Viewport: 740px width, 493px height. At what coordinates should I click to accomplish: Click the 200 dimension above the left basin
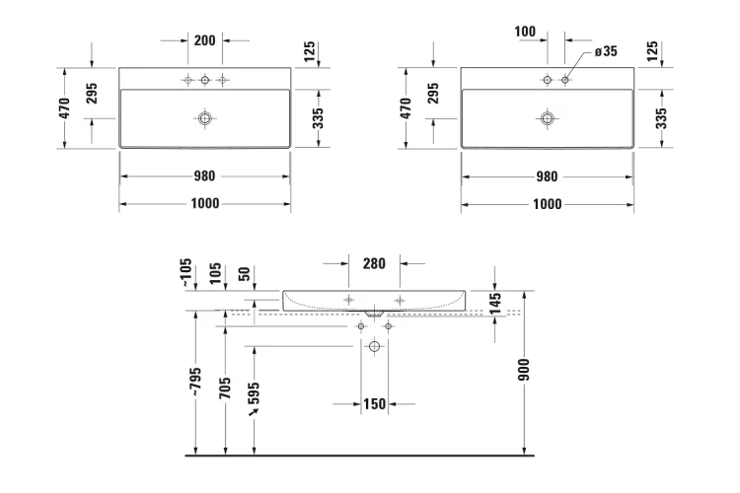(x=204, y=41)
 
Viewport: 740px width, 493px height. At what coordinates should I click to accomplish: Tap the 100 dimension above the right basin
(x=525, y=33)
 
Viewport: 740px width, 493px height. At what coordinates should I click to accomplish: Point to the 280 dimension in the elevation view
(x=373, y=263)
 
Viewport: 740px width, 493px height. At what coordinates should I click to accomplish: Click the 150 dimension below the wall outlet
(x=373, y=403)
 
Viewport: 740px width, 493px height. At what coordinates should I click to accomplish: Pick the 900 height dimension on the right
(x=524, y=370)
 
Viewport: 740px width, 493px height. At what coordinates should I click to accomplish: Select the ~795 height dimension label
(x=196, y=382)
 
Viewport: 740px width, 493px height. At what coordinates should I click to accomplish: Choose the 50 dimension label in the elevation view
(x=244, y=271)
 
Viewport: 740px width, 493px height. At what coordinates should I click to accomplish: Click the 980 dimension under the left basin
(x=204, y=177)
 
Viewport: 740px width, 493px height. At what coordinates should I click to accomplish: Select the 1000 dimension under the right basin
(x=546, y=204)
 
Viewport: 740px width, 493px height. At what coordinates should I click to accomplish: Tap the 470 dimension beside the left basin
(x=64, y=107)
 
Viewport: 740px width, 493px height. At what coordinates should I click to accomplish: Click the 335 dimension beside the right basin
(x=660, y=118)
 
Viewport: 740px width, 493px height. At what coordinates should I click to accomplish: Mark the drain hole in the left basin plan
(x=205, y=118)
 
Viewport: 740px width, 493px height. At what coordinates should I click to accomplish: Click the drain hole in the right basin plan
(x=547, y=118)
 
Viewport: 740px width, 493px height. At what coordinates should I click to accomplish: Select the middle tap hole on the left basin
(x=205, y=79)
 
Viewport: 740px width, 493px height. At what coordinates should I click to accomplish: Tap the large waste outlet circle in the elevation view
(x=374, y=347)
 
